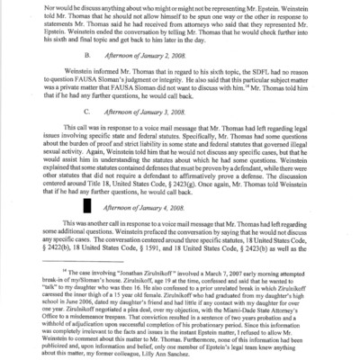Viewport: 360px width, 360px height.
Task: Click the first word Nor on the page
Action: click(85, 7)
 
